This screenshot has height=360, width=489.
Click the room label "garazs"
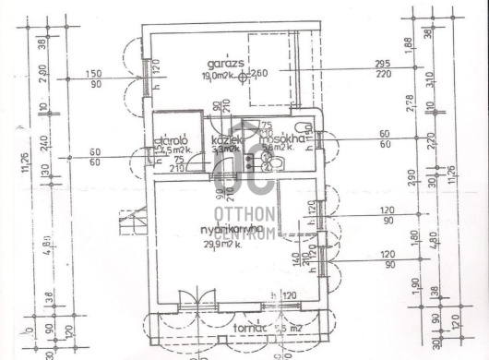[x=226, y=63]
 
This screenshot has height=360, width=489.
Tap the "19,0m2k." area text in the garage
[x=218, y=78]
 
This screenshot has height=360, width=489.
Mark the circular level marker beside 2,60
[x=244, y=78]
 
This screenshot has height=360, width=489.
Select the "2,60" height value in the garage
[x=259, y=74]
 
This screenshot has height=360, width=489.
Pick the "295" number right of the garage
[x=381, y=64]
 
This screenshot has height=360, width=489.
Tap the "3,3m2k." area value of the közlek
[x=225, y=148]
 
